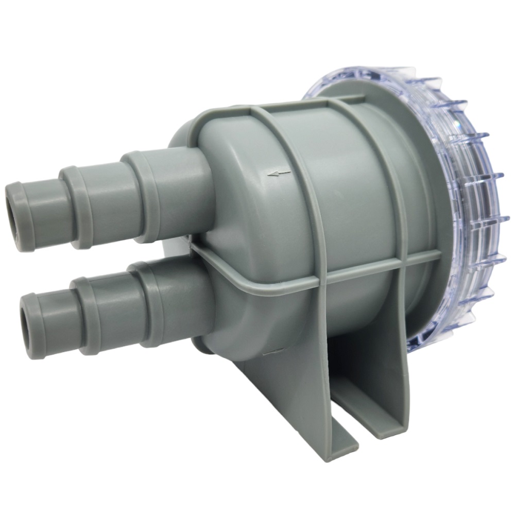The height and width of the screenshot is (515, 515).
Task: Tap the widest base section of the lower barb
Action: [170, 304]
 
